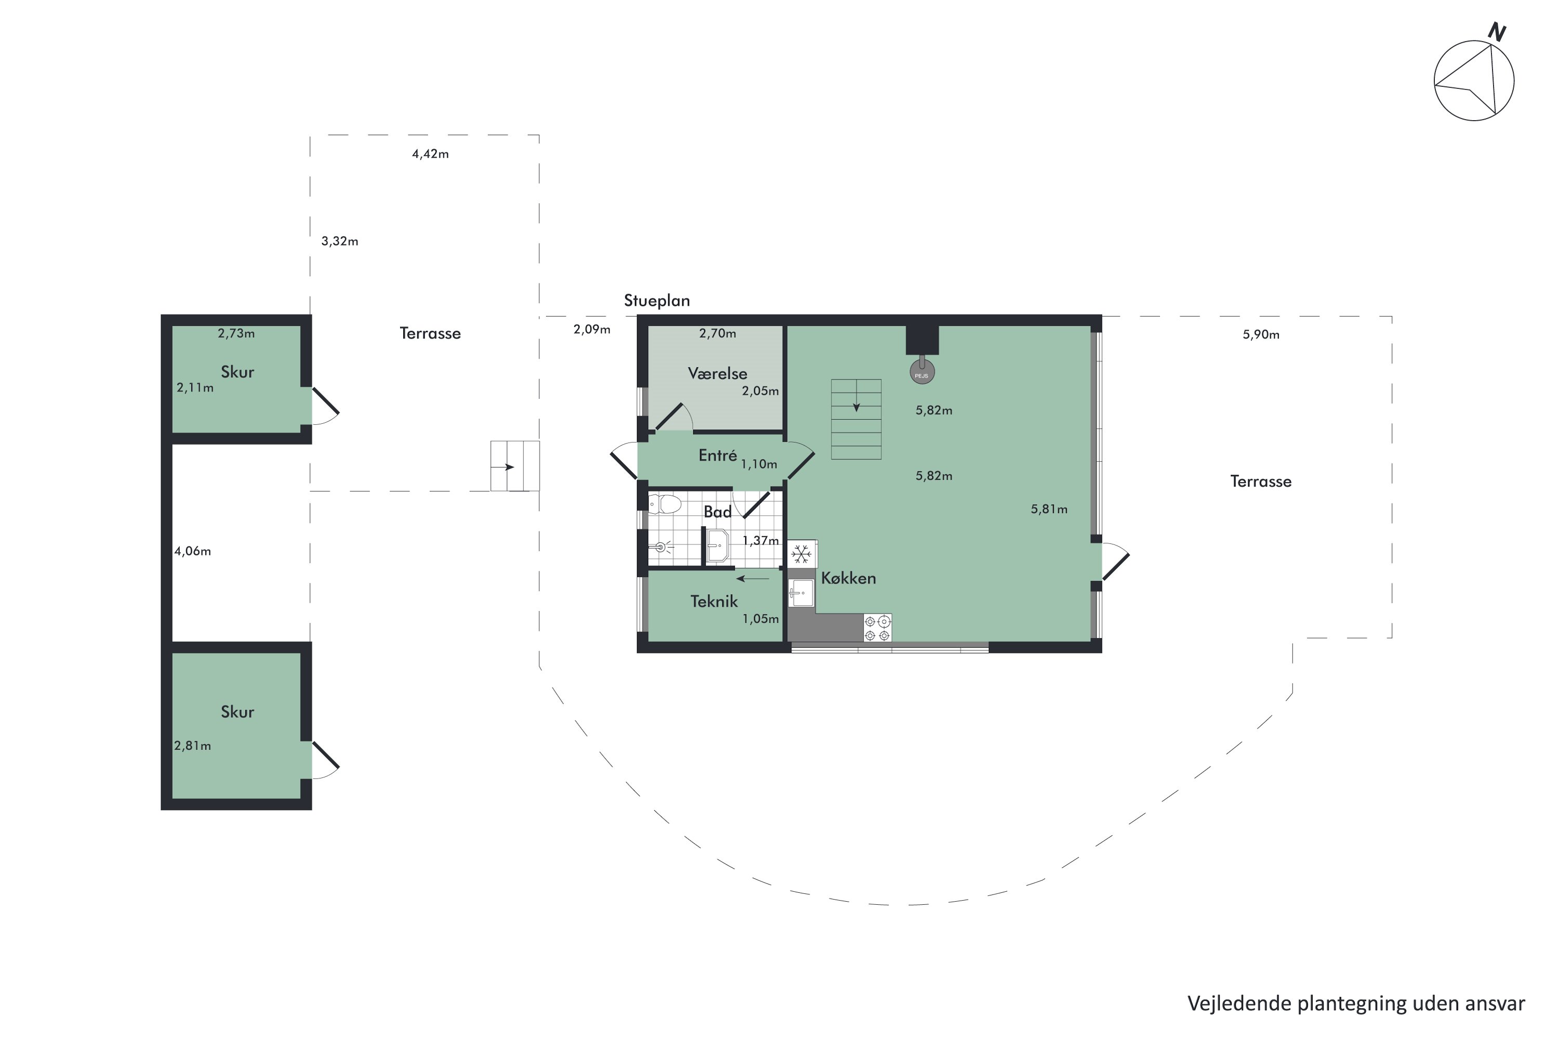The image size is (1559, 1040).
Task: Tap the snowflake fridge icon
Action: point(801,553)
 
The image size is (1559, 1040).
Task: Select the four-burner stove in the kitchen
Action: point(877,628)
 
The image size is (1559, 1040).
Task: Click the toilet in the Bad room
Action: point(664,504)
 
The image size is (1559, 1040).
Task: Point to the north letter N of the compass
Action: point(1497,32)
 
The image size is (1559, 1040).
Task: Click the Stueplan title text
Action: point(657,301)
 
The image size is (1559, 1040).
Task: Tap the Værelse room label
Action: point(717,373)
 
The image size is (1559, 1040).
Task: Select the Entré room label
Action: point(717,456)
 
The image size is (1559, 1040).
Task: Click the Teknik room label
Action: point(714,602)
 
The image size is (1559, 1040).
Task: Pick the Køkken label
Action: point(849,578)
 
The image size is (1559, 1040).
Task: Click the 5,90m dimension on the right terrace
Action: point(1261,335)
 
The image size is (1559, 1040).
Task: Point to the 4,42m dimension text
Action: point(430,154)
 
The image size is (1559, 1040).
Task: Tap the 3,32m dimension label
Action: point(339,241)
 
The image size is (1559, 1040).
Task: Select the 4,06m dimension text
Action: point(192,551)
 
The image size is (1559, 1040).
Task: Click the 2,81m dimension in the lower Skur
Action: point(192,746)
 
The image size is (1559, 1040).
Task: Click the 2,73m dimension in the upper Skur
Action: point(236,334)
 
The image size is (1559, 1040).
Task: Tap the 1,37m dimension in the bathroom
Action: point(760,541)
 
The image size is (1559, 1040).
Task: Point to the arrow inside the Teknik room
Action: point(752,578)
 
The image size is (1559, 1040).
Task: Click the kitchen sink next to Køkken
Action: point(801,592)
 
